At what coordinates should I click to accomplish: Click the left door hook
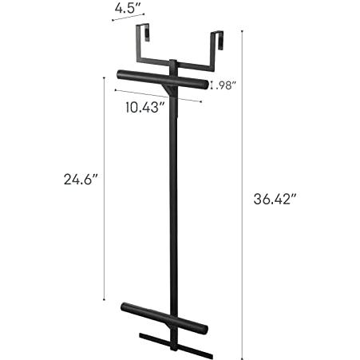pyautogui.click(x=142, y=42)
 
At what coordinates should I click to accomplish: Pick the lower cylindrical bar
pyautogui.click(x=164, y=318)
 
